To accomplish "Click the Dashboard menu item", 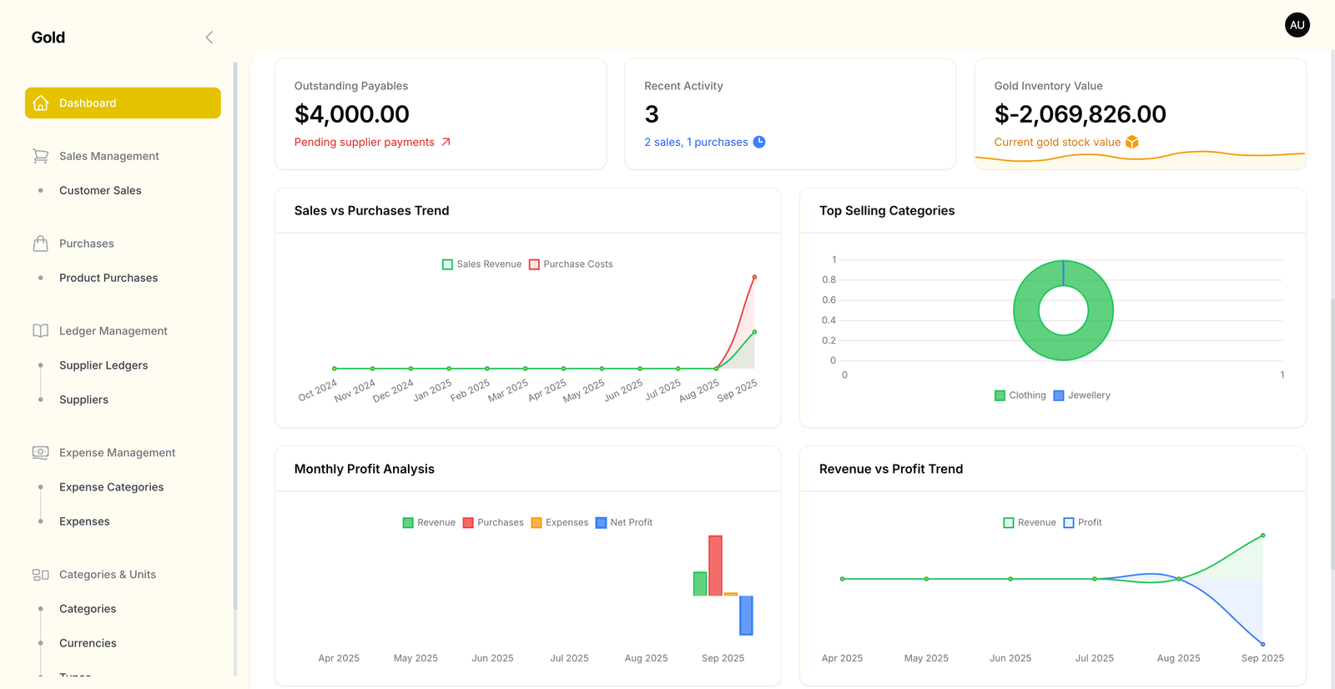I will click(x=123, y=103).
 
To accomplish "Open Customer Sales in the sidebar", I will click(x=100, y=190).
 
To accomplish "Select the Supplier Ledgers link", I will click(x=103, y=365).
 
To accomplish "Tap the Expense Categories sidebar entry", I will click(x=111, y=487).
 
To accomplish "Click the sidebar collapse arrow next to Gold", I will click(x=209, y=38).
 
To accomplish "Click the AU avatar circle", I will click(x=1297, y=25).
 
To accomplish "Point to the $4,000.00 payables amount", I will click(x=351, y=114).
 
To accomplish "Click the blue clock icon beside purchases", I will click(x=759, y=142).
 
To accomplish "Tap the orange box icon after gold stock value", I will click(x=1132, y=142).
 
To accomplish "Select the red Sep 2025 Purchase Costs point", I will click(x=754, y=277).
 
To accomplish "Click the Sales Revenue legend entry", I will click(x=481, y=264).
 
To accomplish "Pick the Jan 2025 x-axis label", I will click(x=433, y=390).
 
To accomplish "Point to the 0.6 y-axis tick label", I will click(x=829, y=300).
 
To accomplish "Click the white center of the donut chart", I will click(x=1063, y=310).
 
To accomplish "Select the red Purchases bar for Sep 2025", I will click(x=715, y=566).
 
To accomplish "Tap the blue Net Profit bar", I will click(x=746, y=616).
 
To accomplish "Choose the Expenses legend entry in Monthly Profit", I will click(x=560, y=523).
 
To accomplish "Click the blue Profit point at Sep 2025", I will click(x=1262, y=644).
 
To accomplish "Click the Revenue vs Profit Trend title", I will click(x=890, y=469).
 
